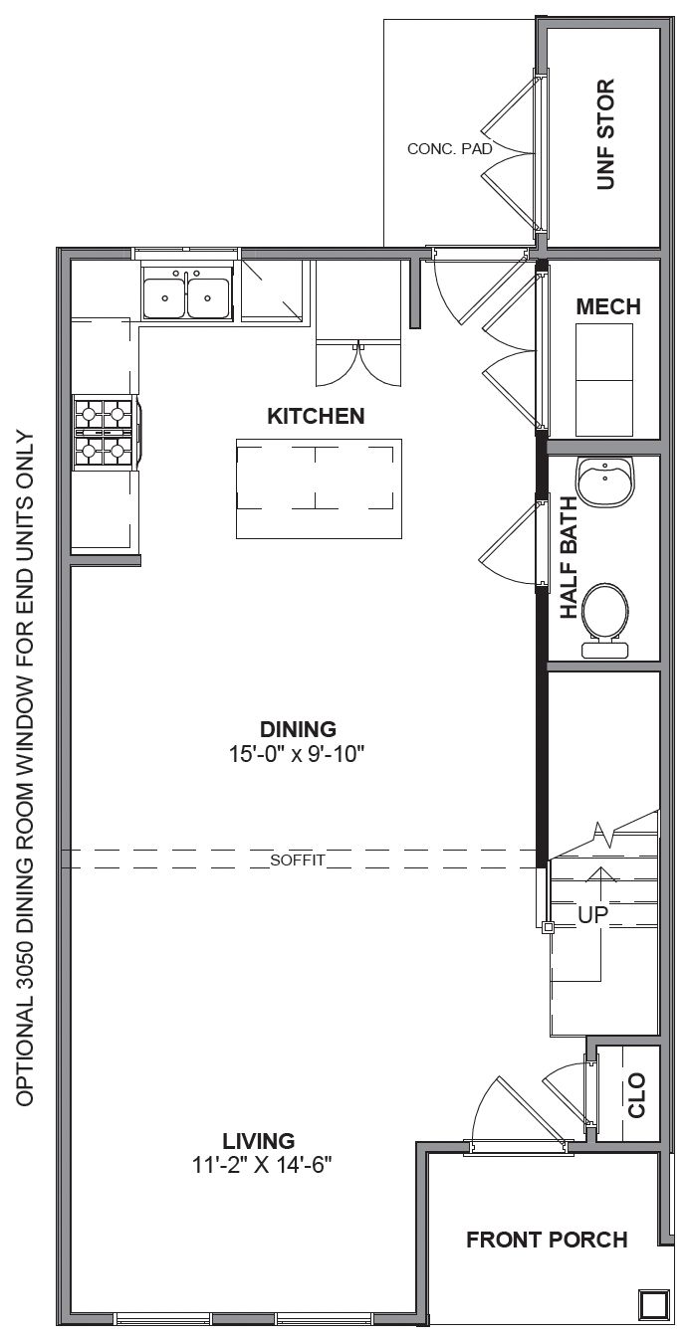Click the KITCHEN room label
tap(316, 416)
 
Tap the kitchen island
tap(319, 488)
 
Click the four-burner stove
tap(104, 432)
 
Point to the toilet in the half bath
tap(605, 617)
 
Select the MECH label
tap(607, 307)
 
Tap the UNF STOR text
tap(605, 134)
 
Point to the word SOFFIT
tap(297, 861)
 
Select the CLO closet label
tap(636, 1094)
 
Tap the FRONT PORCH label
tap(547, 1240)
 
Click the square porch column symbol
tap(652, 1302)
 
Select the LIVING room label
tap(259, 1140)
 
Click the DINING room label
tap(298, 728)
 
